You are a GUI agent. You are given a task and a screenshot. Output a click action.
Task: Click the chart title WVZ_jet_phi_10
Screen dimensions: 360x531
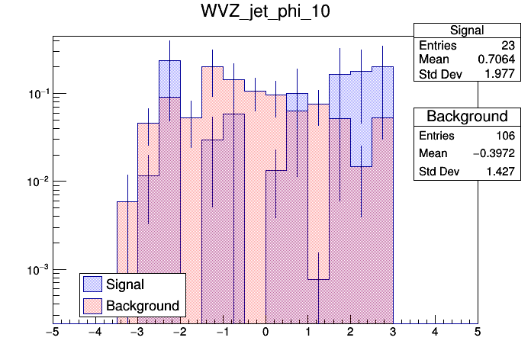pyautogui.click(x=265, y=14)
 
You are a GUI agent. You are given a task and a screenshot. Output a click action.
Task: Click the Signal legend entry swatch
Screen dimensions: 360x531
pyautogui.click(x=93, y=284)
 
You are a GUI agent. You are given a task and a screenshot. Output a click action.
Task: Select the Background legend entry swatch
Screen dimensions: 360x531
pyautogui.click(x=93, y=306)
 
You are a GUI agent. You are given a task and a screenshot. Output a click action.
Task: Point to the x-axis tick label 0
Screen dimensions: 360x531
pyautogui.click(x=265, y=333)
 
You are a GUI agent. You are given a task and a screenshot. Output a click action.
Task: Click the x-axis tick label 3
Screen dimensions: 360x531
pyautogui.click(x=392, y=333)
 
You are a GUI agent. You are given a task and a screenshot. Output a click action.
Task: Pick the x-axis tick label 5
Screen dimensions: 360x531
pyautogui.click(x=478, y=333)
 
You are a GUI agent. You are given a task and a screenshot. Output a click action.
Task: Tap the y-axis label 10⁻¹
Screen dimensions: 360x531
pyautogui.click(x=36, y=94)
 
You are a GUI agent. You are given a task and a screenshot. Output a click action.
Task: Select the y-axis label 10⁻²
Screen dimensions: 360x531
pyautogui.click(x=36, y=182)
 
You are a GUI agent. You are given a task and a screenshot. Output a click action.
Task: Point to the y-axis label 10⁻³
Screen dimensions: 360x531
pyautogui.click(x=36, y=270)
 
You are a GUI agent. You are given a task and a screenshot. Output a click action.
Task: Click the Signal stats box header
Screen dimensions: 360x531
pyautogui.click(x=467, y=31)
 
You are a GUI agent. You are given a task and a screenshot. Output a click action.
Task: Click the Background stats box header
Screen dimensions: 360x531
pyautogui.click(x=467, y=117)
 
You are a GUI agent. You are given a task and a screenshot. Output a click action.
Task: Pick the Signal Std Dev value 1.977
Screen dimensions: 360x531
pyautogui.click(x=500, y=74)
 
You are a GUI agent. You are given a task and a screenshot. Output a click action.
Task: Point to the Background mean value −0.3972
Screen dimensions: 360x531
pyautogui.click(x=494, y=154)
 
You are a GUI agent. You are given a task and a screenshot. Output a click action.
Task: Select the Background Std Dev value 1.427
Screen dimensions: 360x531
pyautogui.click(x=500, y=172)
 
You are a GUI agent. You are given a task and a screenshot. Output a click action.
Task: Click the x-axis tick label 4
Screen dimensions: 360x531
pyautogui.click(x=435, y=333)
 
